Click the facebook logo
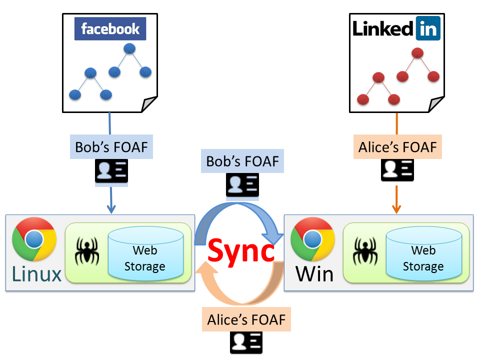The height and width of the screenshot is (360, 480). click(110, 29)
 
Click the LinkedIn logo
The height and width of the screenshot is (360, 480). click(395, 28)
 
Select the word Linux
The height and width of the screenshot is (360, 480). click(36, 273)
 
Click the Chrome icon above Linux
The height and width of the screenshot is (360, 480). click(34, 239)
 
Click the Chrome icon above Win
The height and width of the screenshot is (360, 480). click(313, 239)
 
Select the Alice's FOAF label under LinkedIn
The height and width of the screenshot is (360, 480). click(397, 147)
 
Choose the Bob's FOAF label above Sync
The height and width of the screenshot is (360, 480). click(242, 161)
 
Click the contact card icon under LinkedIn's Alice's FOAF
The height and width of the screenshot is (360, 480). click(397, 170)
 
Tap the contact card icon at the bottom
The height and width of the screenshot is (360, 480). click(246, 343)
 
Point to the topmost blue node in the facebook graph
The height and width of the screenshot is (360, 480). click(130, 49)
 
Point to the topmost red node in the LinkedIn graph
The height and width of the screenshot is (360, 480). click(417, 52)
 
